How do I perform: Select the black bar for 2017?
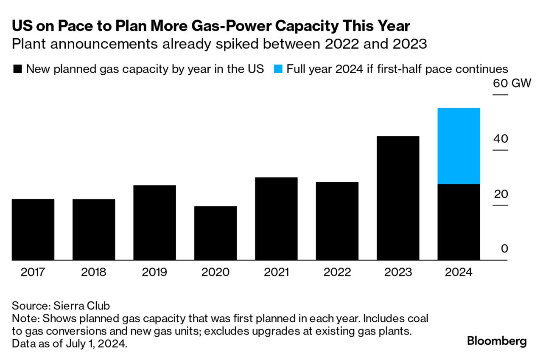(33, 229)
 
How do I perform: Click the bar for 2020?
(216, 233)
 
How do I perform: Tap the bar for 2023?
(398, 198)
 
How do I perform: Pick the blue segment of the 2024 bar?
(459, 146)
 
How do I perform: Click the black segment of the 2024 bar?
(459, 222)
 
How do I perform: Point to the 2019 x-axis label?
(154, 272)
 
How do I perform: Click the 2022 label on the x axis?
(337, 272)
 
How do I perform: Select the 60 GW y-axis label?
(512, 83)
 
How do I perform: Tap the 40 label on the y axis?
(500, 139)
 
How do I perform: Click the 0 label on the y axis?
(504, 249)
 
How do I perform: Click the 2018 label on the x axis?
(93, 272)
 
